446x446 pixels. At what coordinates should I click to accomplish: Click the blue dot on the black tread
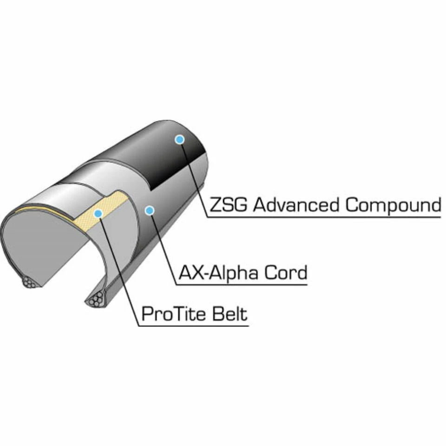[179, 139]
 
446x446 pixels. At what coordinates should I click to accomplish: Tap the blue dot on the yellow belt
[98, 213]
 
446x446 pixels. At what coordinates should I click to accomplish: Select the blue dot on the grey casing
[149, 211]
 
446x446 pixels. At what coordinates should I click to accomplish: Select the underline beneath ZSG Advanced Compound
[325, 216]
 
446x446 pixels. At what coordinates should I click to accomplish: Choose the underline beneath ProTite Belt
[195, 325]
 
